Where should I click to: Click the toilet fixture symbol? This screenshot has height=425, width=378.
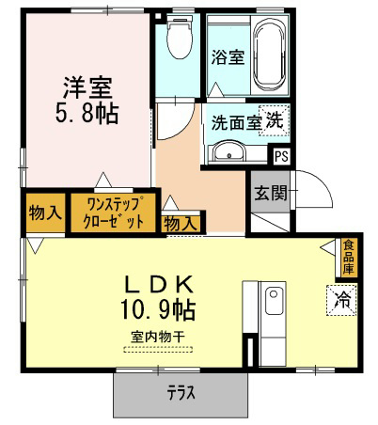(x=180, y=37)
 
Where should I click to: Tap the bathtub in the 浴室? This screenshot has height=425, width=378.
(x=270, y=55)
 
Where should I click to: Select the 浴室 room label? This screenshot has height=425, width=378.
(x=228, y=57)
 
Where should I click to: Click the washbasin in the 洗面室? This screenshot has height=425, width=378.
(x=228, y=151)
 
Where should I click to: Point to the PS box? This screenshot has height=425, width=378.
(x=281, y=156)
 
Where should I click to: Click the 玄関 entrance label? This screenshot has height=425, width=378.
(x=271, y=193)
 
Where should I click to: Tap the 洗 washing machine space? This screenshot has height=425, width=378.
(x=274, y=120)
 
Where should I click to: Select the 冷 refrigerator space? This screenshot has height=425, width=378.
(x=342, y=300)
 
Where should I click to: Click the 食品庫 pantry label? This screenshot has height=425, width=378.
(x=348, y=257)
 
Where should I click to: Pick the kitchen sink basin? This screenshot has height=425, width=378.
(x=274, y=301)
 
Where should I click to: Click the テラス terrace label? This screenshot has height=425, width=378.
(x=181, y=393)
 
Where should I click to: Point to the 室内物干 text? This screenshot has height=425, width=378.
(x=158, y=338)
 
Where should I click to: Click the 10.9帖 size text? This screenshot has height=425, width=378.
(x=158, y=309)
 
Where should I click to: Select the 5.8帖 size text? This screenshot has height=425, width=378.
(x=87, y=114)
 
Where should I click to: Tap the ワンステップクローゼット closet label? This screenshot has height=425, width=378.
(x=113, y=212)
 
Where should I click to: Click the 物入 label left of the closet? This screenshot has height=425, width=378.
(x=45, y=213)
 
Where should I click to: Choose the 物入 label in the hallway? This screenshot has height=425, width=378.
(x=181, y=224)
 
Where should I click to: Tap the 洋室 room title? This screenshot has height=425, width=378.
(x=87, y=87)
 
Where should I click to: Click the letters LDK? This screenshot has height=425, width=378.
(x=159, y=284)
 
